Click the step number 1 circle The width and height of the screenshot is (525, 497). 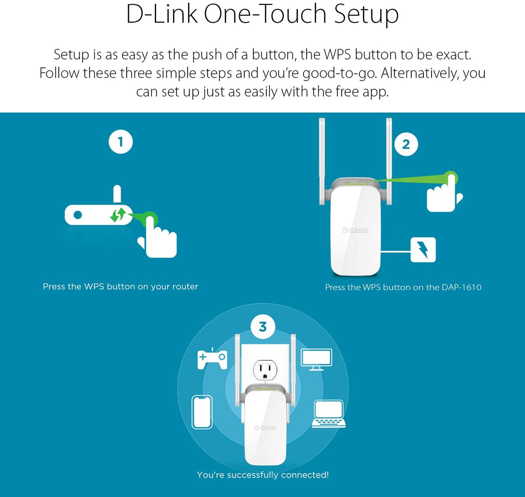(x=120, y=142)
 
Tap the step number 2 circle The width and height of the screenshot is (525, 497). (x=406, y=144)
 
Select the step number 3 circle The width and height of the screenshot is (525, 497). (x=262, y=327)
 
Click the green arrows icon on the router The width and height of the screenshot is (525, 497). (x=118, y=215)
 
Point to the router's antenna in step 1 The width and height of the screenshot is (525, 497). (x=117, y=194)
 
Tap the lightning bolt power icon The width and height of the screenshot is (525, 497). (x=423, y=250)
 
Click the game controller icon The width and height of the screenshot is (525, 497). (x=212, y=359)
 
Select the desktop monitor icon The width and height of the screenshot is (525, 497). (x=316, y=359)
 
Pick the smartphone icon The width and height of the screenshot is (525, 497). (x=202, y=412)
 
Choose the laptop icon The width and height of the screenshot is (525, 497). (x=329, y=414)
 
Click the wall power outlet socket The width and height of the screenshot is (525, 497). (x=265, y=371)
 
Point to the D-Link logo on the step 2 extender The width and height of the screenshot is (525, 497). (x=355, y=230)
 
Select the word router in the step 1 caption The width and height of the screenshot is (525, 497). (x=185, y=286)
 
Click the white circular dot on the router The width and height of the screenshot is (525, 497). (x=78, y=215)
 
